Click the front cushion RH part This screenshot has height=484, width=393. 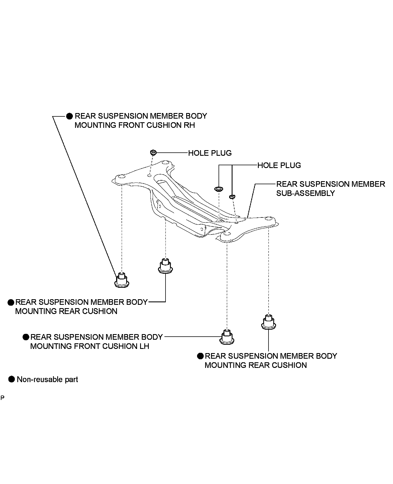coord(122,280)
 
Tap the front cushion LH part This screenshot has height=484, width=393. coord(227,337)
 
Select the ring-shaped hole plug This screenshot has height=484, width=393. coord(219,189)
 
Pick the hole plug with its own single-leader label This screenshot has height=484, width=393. coord(153,152)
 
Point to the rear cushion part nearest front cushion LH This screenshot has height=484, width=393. coord(269,322)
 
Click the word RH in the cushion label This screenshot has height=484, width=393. coord(189,125)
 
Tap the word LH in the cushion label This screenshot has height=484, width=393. coord(144,346)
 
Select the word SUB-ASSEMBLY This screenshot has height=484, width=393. coord(305,193)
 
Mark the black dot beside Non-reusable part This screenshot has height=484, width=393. coord(11,379)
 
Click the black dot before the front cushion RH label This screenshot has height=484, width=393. coord(70,116)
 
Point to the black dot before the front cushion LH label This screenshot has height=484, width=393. coord(26,337)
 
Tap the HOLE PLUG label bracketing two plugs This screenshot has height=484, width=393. coord(279,165)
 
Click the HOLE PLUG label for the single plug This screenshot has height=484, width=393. coord(210,153)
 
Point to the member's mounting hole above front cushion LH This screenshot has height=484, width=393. coord(227,234)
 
